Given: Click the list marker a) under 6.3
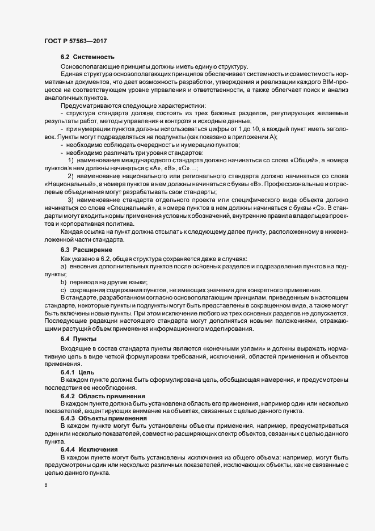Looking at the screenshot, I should (63, 267).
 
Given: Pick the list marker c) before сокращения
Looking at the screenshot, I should (63, 290).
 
